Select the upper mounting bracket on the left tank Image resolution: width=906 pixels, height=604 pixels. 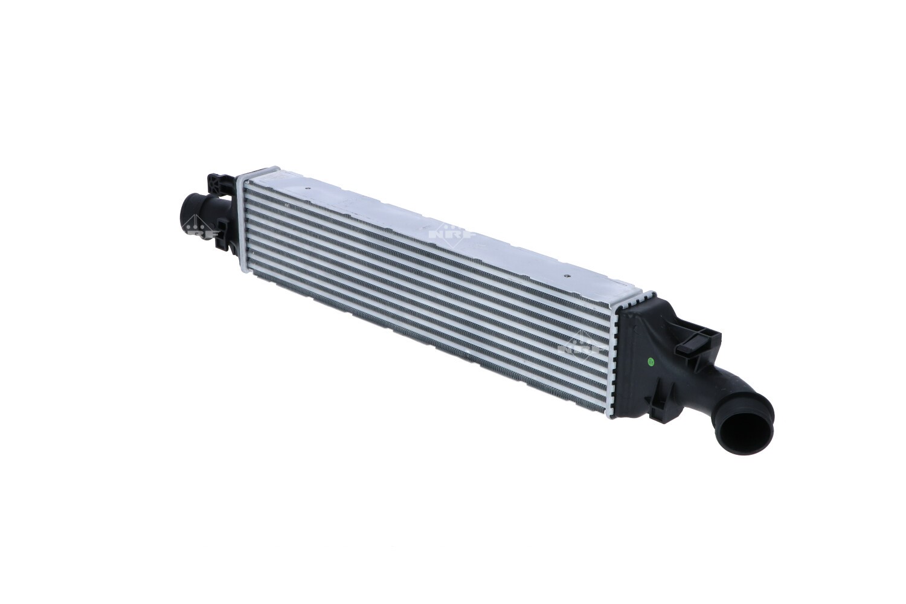219,181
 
